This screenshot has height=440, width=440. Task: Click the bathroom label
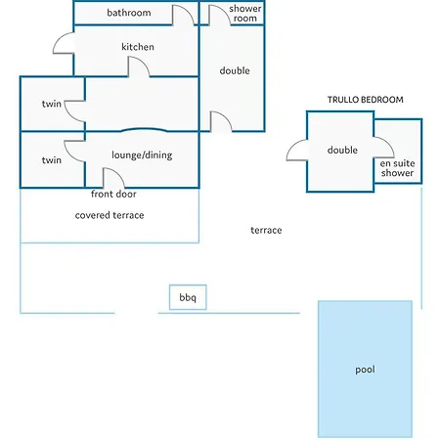click(129, 13)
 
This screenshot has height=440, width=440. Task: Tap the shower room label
click(245, 13)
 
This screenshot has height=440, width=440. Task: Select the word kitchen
click(138, 47)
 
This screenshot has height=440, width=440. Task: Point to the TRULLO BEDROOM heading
click(366, 100)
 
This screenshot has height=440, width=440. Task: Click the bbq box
click(188, 297)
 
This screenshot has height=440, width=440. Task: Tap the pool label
click(365, 370)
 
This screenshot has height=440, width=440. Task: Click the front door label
click(113, 194)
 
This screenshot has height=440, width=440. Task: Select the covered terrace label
click(110, 215)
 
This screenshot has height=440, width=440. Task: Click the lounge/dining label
click(142, 155)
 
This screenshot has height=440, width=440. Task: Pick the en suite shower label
click(397, 168)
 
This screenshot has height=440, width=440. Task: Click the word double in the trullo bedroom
click(342, 151)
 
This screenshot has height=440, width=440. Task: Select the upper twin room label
click(52, 104)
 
